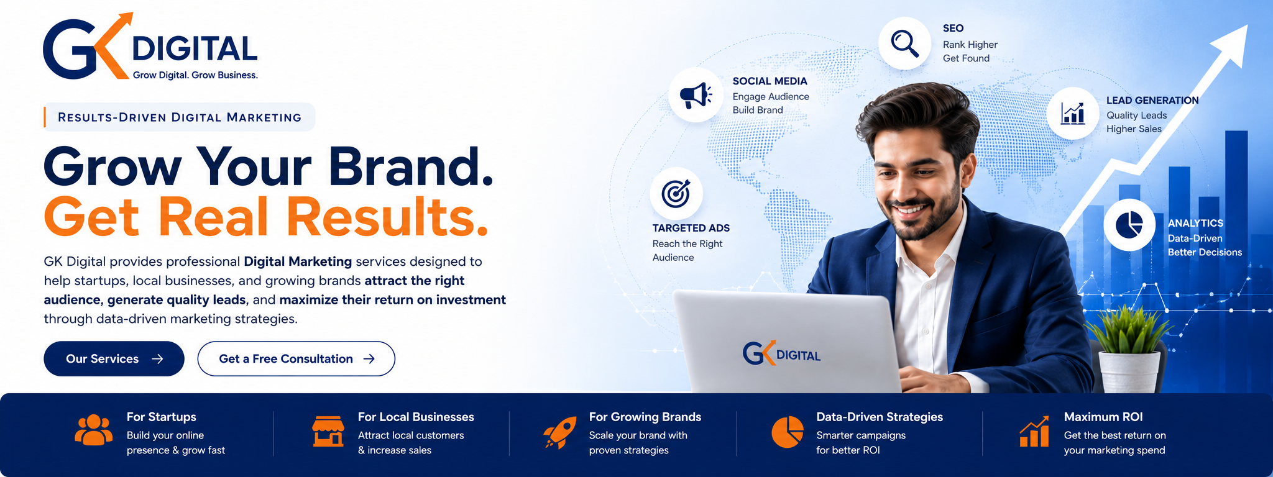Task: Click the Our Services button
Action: pos(114,358)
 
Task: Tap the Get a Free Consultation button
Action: pos(296,358)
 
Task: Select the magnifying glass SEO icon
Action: pos(904,43)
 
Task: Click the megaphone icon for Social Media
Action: pos(696,96)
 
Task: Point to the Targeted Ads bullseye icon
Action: pos(676,194)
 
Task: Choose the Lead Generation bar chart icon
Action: pos(1073,113)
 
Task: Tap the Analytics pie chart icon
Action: pos(1129,225)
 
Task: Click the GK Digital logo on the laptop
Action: pos(782,353)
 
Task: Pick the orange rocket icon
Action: pos(560,432)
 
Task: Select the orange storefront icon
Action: pos(328,431)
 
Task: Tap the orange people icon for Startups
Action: pos(94,430)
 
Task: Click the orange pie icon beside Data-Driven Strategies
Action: pos(788,432)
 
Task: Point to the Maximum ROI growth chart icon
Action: pos(1034,431)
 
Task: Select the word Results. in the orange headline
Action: pos(387,217)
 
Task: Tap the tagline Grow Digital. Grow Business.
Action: pos(195,75)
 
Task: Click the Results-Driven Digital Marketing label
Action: pos(180,117)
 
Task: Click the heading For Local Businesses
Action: pos(416,417)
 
